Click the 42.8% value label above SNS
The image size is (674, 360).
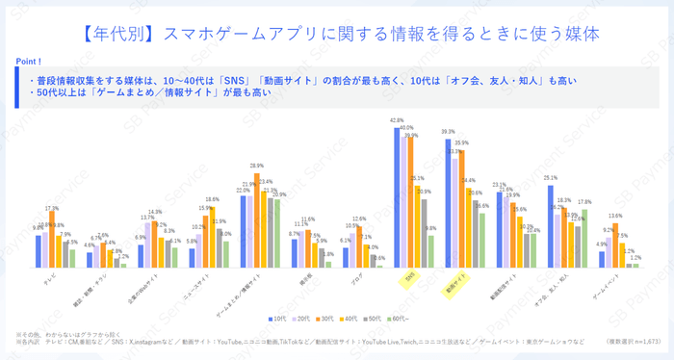[x=396, y=120]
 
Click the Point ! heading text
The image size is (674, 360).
[x=28, y=61]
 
